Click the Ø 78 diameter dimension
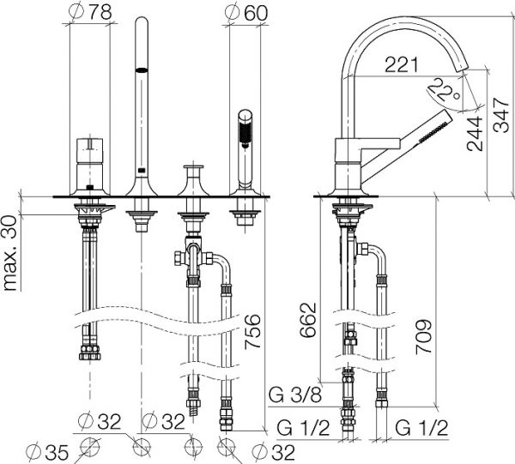[x=90, y=12]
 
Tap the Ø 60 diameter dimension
[x=246, y=12]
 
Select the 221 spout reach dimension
[x=402, y=64]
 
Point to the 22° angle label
[x=444, y=89]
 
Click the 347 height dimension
[x=501, y=115]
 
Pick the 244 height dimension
[x=475, y=134]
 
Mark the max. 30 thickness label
[x=10, y=253]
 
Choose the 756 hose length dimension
[x=252, y=331]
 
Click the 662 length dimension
[x=308, y=320]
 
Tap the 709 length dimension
[x=424, y=337]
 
